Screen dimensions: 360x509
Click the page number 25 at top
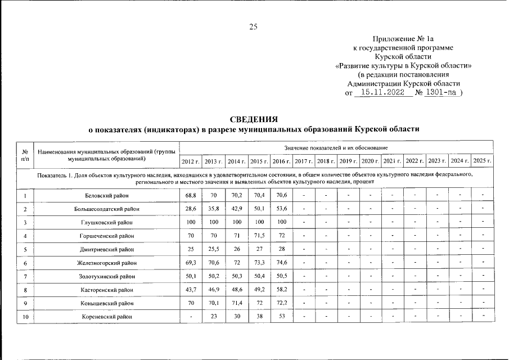pyautogui.click(x=254, y=26)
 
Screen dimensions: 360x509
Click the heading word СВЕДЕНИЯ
pyautogui.click(x=254, y=119)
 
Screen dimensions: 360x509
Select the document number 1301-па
pyautogui.click(x=442, y=93)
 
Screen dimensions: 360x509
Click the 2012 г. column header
pyautogui.click(x=190, y=161)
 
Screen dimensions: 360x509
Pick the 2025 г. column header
pyautogui.click(x=482, y=161)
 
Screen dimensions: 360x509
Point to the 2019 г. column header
pyautogui.click(x=348, y=161)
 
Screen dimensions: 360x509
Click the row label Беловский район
pyautogui.click(x=106, y=195)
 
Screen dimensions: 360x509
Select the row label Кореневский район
pyautogui.click(x=106, y=317)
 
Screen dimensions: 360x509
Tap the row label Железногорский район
pyautogui.click(x=106, y=263)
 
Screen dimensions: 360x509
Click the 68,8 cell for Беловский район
pyautogui.click(x=190, y=195)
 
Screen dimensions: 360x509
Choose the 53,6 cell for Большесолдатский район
pyautogui.click(x=280, y=209)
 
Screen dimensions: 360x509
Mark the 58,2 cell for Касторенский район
pyautogui.click(x=280, y=290)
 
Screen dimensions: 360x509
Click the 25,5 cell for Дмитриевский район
pyautogui.click(x=213, y=249)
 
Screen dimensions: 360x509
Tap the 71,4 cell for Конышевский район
pyautogui.click(x=235, y=303)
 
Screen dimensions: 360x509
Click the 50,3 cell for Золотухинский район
pyautogui.click(x=235, y=276)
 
